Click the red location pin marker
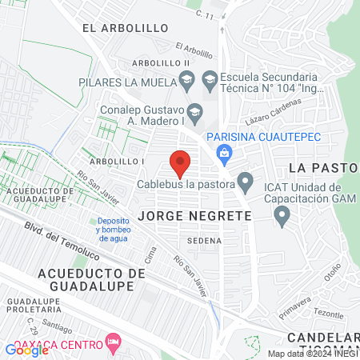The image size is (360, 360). pyautogui.click(x=181, y=162)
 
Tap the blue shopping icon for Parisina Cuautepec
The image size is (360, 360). pyautogui.click(x=224, y=151)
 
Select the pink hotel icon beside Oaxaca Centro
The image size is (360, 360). pyautogui.click(x=114, y=344)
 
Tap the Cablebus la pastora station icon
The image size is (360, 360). pyautogui.click(x=246, y=183)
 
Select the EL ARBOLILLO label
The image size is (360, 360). pyautogui.click(x=125, y=28)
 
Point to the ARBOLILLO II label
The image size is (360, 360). pyautogui.click(x=160, y=62)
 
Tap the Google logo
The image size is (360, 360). pyautogui.click(x=27, y=350)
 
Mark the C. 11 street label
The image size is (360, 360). pyautogui.click(x=206, y=14)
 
